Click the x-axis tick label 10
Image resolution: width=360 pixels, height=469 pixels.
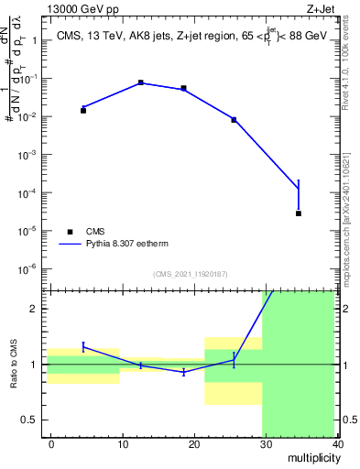point(123,443)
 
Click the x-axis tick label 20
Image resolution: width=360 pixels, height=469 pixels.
point(194,443)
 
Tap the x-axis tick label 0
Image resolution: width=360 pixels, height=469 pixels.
point(51,443)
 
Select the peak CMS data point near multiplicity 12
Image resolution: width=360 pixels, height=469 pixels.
point(140,82)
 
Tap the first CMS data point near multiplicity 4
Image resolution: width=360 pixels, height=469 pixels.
point(83,110)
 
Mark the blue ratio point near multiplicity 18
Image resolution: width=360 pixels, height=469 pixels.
point(184,372)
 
